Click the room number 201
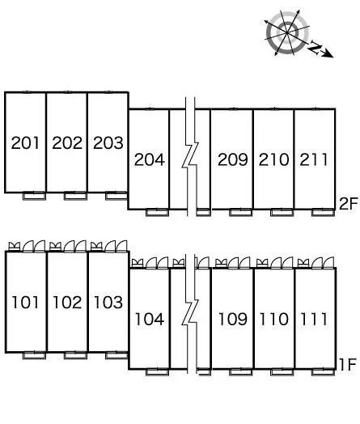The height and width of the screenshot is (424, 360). pos(25,142)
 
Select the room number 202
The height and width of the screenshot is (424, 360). pos(67,142)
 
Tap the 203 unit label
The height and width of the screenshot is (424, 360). pos(108,142)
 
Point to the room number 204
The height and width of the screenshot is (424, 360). pos(150,159)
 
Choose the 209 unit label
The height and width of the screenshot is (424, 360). pos(233,159)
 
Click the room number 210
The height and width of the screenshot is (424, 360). pos(273,159)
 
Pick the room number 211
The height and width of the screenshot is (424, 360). pos(314,159)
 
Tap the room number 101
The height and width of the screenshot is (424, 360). pos(25,303)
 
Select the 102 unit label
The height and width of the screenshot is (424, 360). pos(67,303)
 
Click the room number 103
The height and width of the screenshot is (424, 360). pos(108,303)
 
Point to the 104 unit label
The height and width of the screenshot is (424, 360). pos(150,319)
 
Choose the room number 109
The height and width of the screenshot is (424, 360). pos(233,319)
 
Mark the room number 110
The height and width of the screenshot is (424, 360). pos(273,319)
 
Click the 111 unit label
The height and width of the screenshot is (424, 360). pos(314,319)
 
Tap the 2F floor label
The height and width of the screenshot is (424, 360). pos(349,204)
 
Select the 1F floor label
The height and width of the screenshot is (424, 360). pos(348,364)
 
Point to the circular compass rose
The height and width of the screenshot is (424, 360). pos(286,32)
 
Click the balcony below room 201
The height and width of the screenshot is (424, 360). pos(34,196)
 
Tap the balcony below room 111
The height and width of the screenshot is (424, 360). pos(323,372)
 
